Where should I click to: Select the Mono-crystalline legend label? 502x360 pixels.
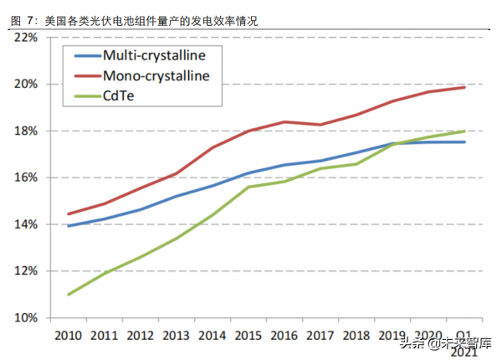pos(156,75)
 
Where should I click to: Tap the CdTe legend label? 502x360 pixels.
pos(118,95)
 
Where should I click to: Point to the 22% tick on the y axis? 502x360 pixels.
pos(24,38)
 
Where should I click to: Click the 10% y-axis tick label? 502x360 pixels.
pos(24,318)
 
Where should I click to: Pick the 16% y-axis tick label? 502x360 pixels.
pos(24,177)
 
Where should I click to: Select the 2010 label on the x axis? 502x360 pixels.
pos(68,335)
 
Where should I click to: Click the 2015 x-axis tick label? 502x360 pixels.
pos(248,335)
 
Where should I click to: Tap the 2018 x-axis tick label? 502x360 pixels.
pos(356,335)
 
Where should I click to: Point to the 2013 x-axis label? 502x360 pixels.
pos(177,335)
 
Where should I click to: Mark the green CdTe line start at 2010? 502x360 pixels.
pos(68,294)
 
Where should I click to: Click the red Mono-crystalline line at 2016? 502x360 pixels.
pos(284,122)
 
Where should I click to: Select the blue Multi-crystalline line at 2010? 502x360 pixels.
pos(68,226)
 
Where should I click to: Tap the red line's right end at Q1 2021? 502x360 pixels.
pos(465,87)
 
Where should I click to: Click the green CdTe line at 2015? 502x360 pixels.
pos(248,187)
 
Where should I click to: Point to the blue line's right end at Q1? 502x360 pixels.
pos(465,142)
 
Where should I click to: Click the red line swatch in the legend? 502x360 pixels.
pos(86,75)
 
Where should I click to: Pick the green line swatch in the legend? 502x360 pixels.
pos(86,95)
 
